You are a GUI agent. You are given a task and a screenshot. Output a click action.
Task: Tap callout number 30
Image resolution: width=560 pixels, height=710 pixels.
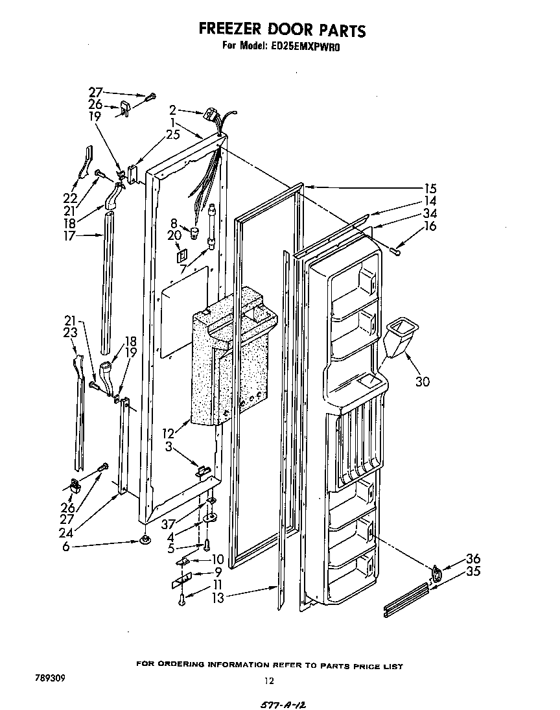[x=423, y=381]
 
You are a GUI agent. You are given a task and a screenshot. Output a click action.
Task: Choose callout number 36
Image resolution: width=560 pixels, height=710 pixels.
[x=474, y=559]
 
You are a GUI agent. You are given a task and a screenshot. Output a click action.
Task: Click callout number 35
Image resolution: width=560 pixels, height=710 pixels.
[x=474, y=571]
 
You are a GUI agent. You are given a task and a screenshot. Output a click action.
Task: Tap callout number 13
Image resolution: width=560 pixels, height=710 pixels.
[x=218, y=598]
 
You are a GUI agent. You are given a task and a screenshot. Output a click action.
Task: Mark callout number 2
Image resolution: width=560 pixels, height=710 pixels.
[x=173, y=110]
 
